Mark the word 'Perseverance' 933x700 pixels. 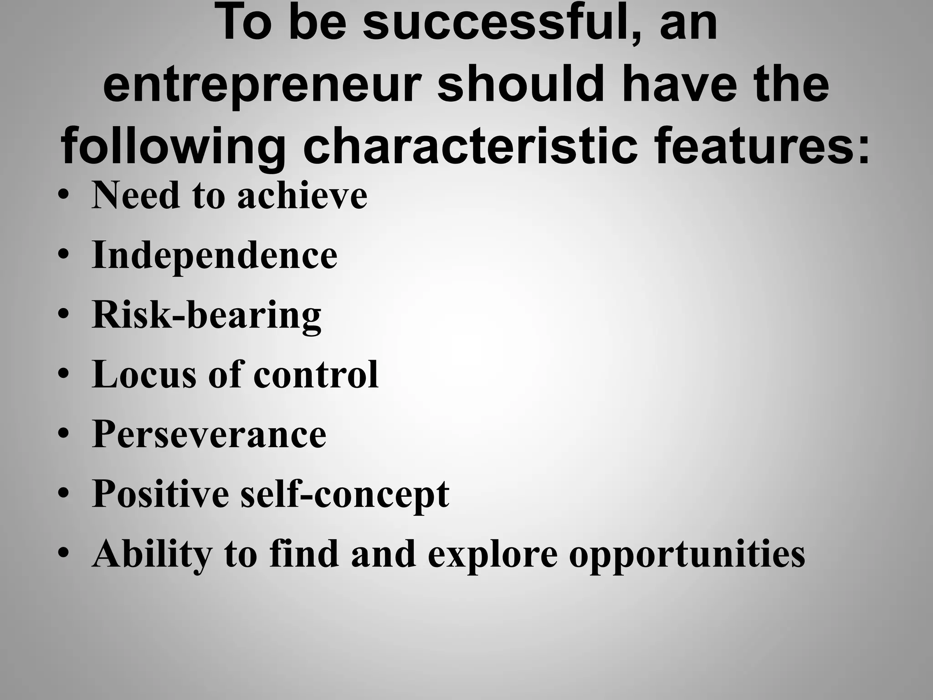[x=209, y=434]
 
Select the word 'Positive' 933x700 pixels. [x=160, y=494]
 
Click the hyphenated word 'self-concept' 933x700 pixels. [x=345, y=494]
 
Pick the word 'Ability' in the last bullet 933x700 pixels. [x=152, y=554]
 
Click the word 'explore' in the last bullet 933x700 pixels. [x=492, y=554]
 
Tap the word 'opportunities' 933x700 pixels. [x=687, y=554]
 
